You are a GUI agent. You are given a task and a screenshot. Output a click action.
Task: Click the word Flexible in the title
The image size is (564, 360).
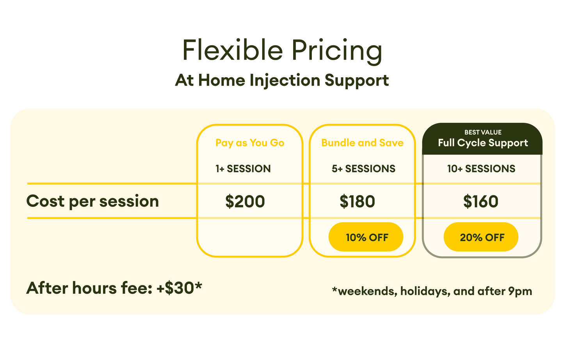point(233,50)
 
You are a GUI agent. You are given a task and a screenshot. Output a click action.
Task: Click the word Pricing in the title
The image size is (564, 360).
point(337,52)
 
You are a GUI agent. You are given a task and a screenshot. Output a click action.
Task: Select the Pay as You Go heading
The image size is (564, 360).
point(250,143)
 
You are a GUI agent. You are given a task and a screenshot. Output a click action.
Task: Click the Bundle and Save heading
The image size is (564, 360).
point(362,143)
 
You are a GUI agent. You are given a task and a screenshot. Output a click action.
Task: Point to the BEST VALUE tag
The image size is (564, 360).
point(483,132)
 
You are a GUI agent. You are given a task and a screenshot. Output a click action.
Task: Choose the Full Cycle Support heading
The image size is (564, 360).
point(483,143)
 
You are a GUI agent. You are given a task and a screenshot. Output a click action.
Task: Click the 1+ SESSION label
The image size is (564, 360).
point(243,168)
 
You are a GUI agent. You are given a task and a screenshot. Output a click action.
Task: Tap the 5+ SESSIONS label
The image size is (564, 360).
point(363,168)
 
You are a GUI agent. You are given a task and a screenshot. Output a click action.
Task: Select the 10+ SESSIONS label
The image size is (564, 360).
point(481,168)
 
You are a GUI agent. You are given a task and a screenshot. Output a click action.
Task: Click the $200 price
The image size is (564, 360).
point(245,201)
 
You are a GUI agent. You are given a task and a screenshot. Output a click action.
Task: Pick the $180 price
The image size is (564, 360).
point(357,201)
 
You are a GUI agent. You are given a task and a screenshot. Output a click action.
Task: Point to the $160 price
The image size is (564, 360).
point(480,201)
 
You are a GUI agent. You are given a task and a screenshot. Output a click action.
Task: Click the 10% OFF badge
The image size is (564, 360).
point(366,237)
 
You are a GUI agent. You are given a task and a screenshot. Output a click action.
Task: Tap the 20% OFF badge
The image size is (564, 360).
point(481,237)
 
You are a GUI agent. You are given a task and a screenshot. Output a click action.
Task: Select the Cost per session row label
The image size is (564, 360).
point(93,202)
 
